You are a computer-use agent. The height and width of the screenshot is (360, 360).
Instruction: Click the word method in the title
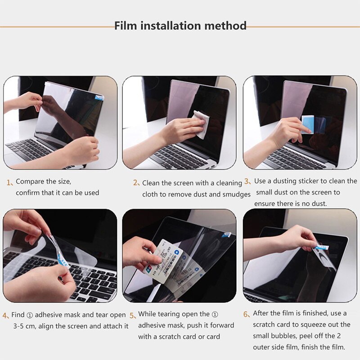tap(225, 26)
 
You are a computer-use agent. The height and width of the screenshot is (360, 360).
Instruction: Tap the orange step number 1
tap(9, 183)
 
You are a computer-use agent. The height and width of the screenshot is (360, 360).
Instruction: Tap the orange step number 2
tap(136, 183)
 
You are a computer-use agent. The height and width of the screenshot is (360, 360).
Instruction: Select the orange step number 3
tap(247, 181)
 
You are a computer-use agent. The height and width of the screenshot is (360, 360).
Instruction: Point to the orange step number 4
tap(6, 315)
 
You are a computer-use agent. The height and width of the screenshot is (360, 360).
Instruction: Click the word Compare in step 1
tap(30, 182)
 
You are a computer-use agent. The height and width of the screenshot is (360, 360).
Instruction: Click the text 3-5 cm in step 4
tap(25, 325)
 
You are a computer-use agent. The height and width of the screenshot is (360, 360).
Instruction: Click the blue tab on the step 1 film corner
tap(99, 97)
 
